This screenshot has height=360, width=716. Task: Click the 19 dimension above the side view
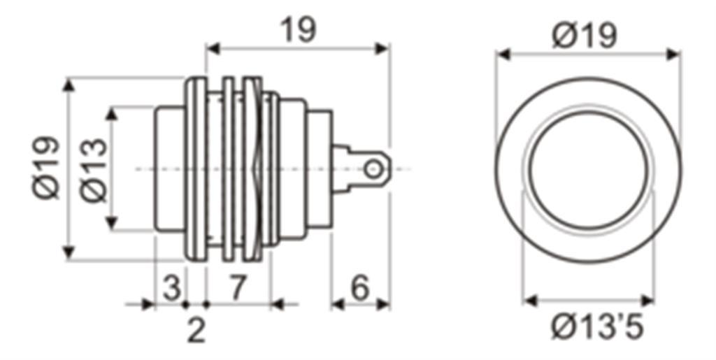point(298,30)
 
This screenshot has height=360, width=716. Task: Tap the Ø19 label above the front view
point(585,36)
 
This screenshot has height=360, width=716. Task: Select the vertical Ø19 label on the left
point(46,168)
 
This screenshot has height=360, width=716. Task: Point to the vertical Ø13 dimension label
point(94,170)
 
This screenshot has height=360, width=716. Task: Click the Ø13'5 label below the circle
point(597,327)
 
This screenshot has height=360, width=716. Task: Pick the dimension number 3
point(172,289)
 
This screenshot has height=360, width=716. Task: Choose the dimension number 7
point(238,289)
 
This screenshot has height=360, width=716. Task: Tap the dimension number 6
point(360,289)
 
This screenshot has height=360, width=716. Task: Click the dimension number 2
point(196,331)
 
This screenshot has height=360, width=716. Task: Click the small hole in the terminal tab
point(373,170)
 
